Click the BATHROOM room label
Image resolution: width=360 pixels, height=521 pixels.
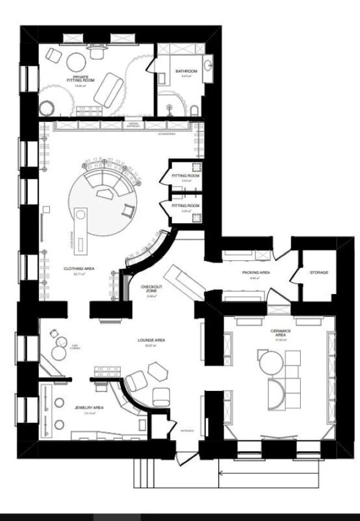pos(186,71)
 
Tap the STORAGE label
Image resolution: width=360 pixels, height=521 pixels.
pos(319,272)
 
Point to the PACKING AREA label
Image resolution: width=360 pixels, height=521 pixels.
pos(256,273)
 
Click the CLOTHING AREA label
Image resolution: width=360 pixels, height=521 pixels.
pos(79,269)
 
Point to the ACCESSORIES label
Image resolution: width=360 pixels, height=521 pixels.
pos(166,134)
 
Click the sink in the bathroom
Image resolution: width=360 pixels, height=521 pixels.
pos(208,65)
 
